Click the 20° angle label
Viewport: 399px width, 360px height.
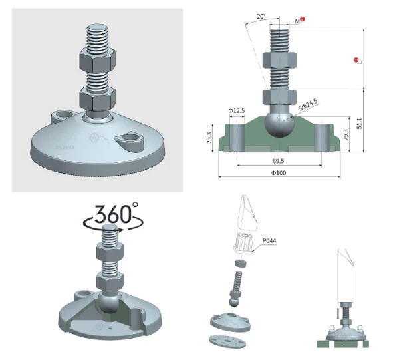pos(261,17)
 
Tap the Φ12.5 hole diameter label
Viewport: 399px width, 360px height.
pos(236,110)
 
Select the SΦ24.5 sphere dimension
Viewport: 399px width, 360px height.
pos(308,105)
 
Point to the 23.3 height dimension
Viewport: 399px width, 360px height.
pos(209,138)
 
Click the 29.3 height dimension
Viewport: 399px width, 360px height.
pos(346,135)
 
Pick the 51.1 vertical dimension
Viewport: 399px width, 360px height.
pos(359,124)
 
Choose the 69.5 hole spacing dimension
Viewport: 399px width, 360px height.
pos(278,161)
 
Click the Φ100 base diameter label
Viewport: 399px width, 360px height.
pos(279,173)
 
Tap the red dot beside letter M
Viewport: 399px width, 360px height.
pos(303,19)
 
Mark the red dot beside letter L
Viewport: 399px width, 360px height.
pos(356,60)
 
